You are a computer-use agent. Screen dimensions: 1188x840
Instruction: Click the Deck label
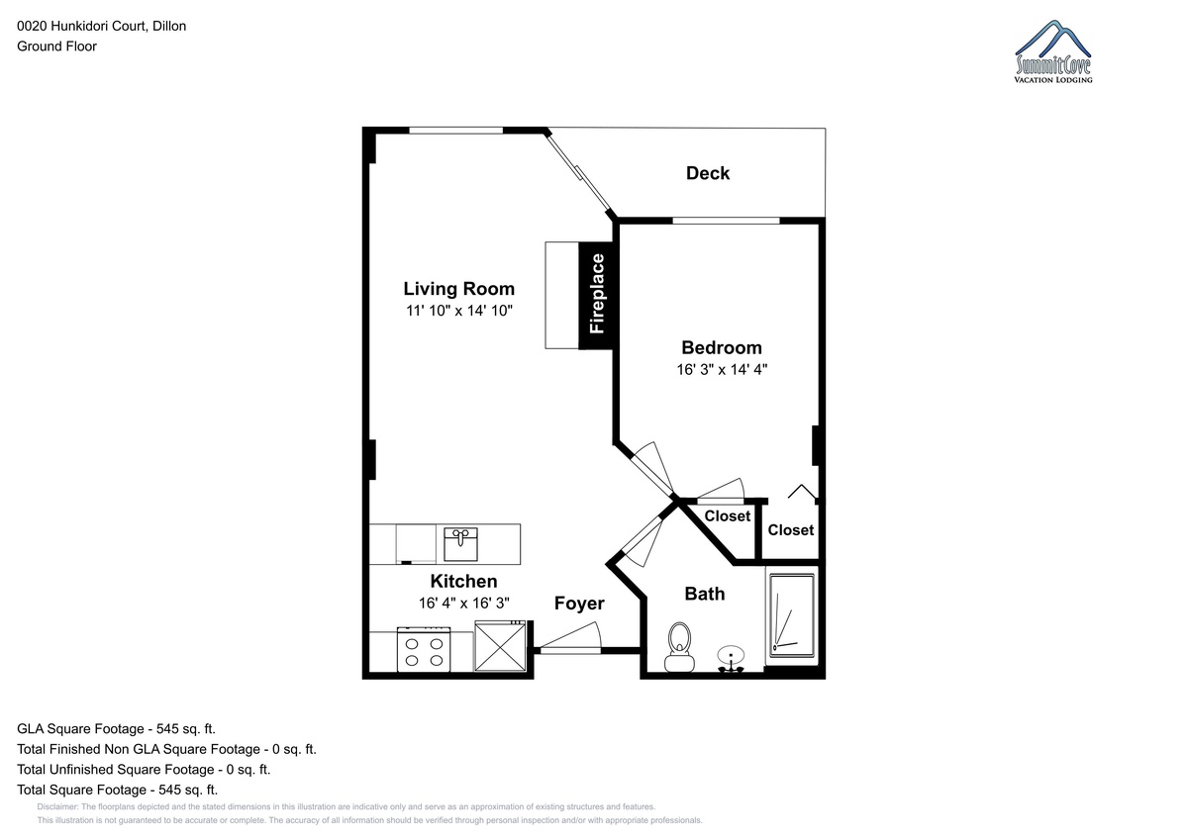click(x=708, y=173)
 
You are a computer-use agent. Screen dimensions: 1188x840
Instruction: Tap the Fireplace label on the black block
click(x=597, y=294)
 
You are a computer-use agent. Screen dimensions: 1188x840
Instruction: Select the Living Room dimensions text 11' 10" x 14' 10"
click(x=459, y=311)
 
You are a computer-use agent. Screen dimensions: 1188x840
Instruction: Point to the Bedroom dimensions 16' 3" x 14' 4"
click(x=722, y=369)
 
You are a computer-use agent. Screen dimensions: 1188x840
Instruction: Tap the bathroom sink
click(x=731, y=659)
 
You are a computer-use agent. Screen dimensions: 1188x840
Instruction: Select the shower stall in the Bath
click(x=792, y=615)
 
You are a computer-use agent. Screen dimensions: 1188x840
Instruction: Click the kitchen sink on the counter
click(x=460, y=544)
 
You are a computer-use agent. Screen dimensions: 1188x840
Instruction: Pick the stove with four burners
click(x=424, y=650)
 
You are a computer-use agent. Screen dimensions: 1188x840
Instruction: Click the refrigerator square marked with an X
click(x=500, y=646)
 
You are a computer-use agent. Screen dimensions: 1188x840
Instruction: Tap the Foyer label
click(x=579, y=604)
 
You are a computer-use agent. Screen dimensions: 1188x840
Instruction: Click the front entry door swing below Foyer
click(x=570, y=637)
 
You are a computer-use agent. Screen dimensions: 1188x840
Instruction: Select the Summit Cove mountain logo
click(x=1052, y=51)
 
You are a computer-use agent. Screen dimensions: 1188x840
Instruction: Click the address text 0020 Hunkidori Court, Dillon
click(x=102, y=26)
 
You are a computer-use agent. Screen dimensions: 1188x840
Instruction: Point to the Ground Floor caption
click(x=56, y=47)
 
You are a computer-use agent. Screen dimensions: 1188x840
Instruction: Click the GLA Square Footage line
click(x=116, y=729)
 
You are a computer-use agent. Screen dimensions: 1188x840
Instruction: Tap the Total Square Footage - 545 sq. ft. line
click(x=117, y=790)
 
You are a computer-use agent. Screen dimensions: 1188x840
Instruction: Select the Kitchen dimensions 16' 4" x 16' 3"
click(x=464, y=604)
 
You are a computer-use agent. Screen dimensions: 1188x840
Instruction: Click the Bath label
click(x=704, y=594)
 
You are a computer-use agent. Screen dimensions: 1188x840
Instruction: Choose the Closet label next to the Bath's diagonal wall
click(x=727, y=515)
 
